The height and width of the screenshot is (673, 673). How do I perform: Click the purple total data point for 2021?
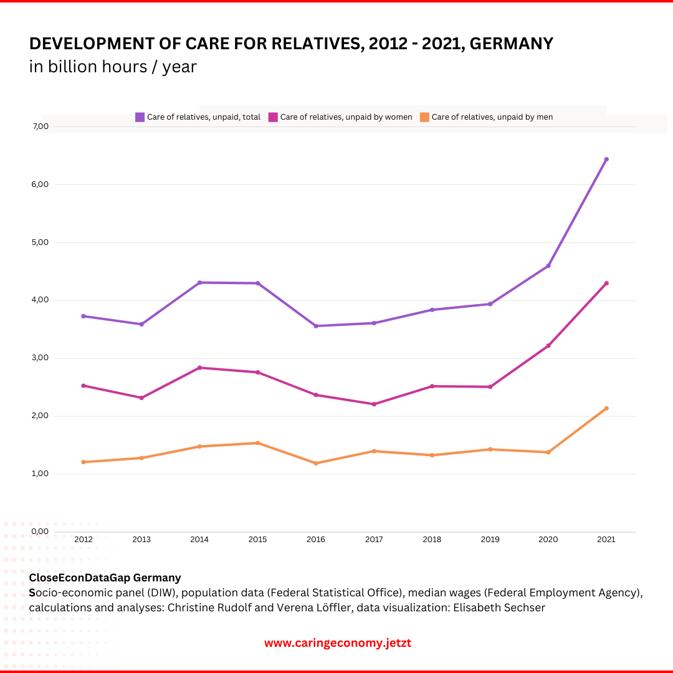[606, 160]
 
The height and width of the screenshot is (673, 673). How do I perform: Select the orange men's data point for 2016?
[316, 463]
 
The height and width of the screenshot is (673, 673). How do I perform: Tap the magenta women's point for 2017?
[374, 404]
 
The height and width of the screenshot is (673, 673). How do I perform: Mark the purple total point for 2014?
[199, 283]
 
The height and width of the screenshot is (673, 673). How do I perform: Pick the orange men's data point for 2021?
[606, 409]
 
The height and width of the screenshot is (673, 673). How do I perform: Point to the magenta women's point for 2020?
[548, 346]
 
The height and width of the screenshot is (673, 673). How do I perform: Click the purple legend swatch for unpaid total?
[140, 117]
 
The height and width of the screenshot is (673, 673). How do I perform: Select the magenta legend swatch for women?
[273, 117]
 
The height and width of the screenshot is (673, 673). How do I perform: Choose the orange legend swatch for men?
[424, 117]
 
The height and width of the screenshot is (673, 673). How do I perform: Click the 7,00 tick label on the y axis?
[41, 126]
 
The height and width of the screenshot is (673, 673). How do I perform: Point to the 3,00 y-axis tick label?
[41, 358]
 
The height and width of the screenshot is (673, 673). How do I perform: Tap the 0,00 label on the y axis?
[41, 532]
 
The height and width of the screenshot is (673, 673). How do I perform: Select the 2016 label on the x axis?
[316, 540]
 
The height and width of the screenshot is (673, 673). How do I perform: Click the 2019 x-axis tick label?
[490, 540]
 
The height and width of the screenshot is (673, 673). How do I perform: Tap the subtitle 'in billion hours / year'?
[113, 66]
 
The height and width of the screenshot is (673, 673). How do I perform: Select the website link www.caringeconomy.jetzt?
[337, 643]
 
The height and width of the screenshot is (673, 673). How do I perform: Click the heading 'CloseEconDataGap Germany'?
[105, 578]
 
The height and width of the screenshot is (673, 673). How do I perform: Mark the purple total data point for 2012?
[84, 316]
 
